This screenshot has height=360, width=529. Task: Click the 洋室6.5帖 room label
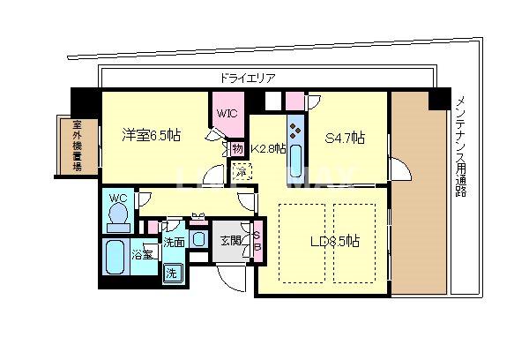[x=151, y=136]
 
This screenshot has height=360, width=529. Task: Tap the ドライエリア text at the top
[x=246, y=78]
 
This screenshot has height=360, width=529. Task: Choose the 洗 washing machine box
[x=173, y=272]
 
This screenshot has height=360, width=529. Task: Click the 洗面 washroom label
[x=174, y=241]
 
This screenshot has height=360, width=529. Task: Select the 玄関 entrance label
[x=229, y=240]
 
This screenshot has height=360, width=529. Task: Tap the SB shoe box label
[x=257, y=240]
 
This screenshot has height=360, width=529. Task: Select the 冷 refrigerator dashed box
[x=240, y=172]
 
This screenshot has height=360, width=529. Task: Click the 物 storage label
[x=237, y=149]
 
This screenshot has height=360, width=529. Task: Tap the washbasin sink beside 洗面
[x=199, y=238]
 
